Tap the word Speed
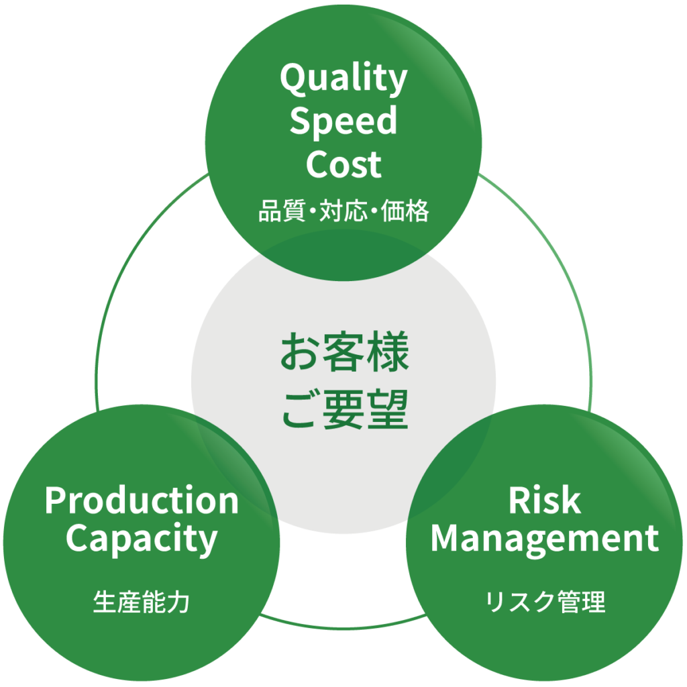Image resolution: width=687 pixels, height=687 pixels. (x=343, y=123)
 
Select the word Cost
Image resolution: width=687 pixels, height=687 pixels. (x=343, y=164)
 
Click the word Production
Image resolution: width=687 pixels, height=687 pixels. (x=142, y=501)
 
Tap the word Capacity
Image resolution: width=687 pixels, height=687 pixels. (x=142, y=539)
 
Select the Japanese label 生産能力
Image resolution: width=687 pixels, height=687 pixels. (x=142, y=602)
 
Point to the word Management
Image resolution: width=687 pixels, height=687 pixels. (x=544, y=538)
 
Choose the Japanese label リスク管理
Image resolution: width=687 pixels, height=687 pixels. (x=545, y=602)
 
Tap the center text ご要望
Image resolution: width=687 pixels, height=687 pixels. (x=344, y=412)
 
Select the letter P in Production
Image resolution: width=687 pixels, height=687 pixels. (x=55, y=501)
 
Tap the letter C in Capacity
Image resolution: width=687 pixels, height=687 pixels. (x=78, y=538)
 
